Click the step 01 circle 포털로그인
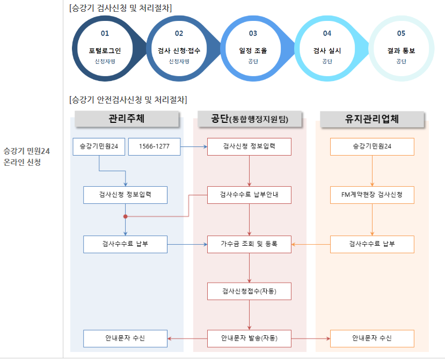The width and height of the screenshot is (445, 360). pos(105,51)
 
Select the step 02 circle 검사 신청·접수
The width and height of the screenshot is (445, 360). pos(179,51)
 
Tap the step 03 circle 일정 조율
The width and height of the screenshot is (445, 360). pos(253,51)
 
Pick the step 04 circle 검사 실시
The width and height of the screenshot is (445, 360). pos(327,51)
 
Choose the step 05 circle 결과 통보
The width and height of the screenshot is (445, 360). pos(401,51)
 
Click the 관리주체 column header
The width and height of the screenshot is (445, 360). pos(127,119)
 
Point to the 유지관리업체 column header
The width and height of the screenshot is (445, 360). pos(372,119)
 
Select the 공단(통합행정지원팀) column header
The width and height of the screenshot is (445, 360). pos(250,119)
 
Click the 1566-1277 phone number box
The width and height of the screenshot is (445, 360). pos(154,146)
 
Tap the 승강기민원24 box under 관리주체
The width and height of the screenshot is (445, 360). pos(99,146)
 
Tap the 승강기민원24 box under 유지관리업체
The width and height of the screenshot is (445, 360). pos(372,146)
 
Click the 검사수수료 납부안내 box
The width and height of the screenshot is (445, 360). pos(249,195)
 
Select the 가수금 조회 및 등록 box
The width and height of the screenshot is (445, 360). pos(249,244)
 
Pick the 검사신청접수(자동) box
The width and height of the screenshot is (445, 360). pos(249,291)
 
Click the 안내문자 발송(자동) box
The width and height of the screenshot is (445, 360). pos(249,339)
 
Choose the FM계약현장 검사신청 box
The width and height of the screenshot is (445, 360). pos(372,195)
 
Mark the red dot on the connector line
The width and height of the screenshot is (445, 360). pos(125,217)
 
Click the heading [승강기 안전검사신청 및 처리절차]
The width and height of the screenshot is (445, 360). pos(128,100)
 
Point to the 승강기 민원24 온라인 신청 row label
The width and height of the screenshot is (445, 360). pos(27,157)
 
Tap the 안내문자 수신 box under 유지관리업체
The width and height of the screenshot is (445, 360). pos(372,339)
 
